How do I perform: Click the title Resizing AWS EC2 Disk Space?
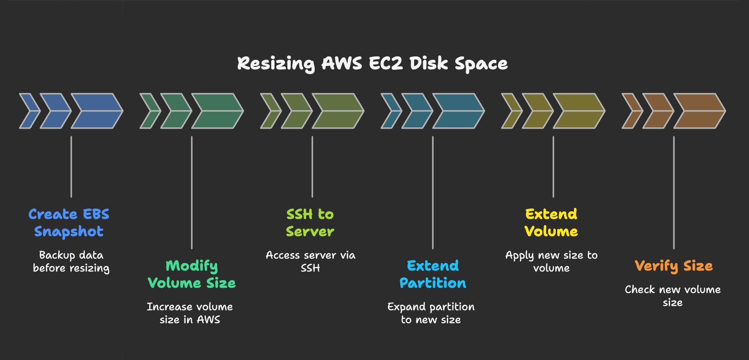click(x=373, y=64)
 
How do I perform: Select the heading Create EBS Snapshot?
click(x=69, y=223)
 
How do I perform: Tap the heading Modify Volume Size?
click(x=192, y=274)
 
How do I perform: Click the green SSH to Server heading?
click(x=310, y=223)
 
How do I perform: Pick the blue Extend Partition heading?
click(x=433, y=274)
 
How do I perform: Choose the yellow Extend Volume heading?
click(x=551, y=223)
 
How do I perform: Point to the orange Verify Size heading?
click(x=673, y=266)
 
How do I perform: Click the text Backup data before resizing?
click(x=71, y=262)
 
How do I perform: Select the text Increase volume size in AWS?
click(x=190, y=313)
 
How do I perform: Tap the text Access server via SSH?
click(x=310, y=262)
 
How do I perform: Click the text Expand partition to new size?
click(x=431, y=313)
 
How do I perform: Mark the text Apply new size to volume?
click(x=551, y=262)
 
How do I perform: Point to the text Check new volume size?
click(x=672, y=295)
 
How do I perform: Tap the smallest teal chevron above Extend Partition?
click(x=390, y=111)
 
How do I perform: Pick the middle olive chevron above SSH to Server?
click(x=296, y=111)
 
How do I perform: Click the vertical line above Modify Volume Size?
click(x=192, y=191)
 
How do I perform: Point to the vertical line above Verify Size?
click(x=674, y=191)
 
